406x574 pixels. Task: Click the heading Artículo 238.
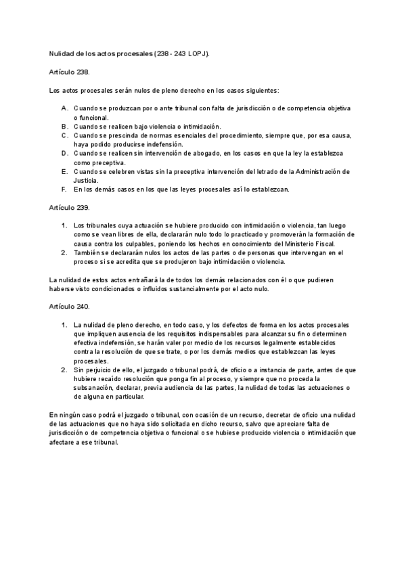point(70,71)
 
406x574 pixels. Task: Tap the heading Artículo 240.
point(70,307)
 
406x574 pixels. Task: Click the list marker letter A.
point(64,108)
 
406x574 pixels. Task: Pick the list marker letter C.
point(64,135)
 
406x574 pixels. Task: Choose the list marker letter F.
point(64,189)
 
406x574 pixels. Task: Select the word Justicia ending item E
point(87,180)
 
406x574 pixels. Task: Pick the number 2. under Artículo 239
point(64,252)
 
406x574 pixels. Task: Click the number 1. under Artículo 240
point(64,325)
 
